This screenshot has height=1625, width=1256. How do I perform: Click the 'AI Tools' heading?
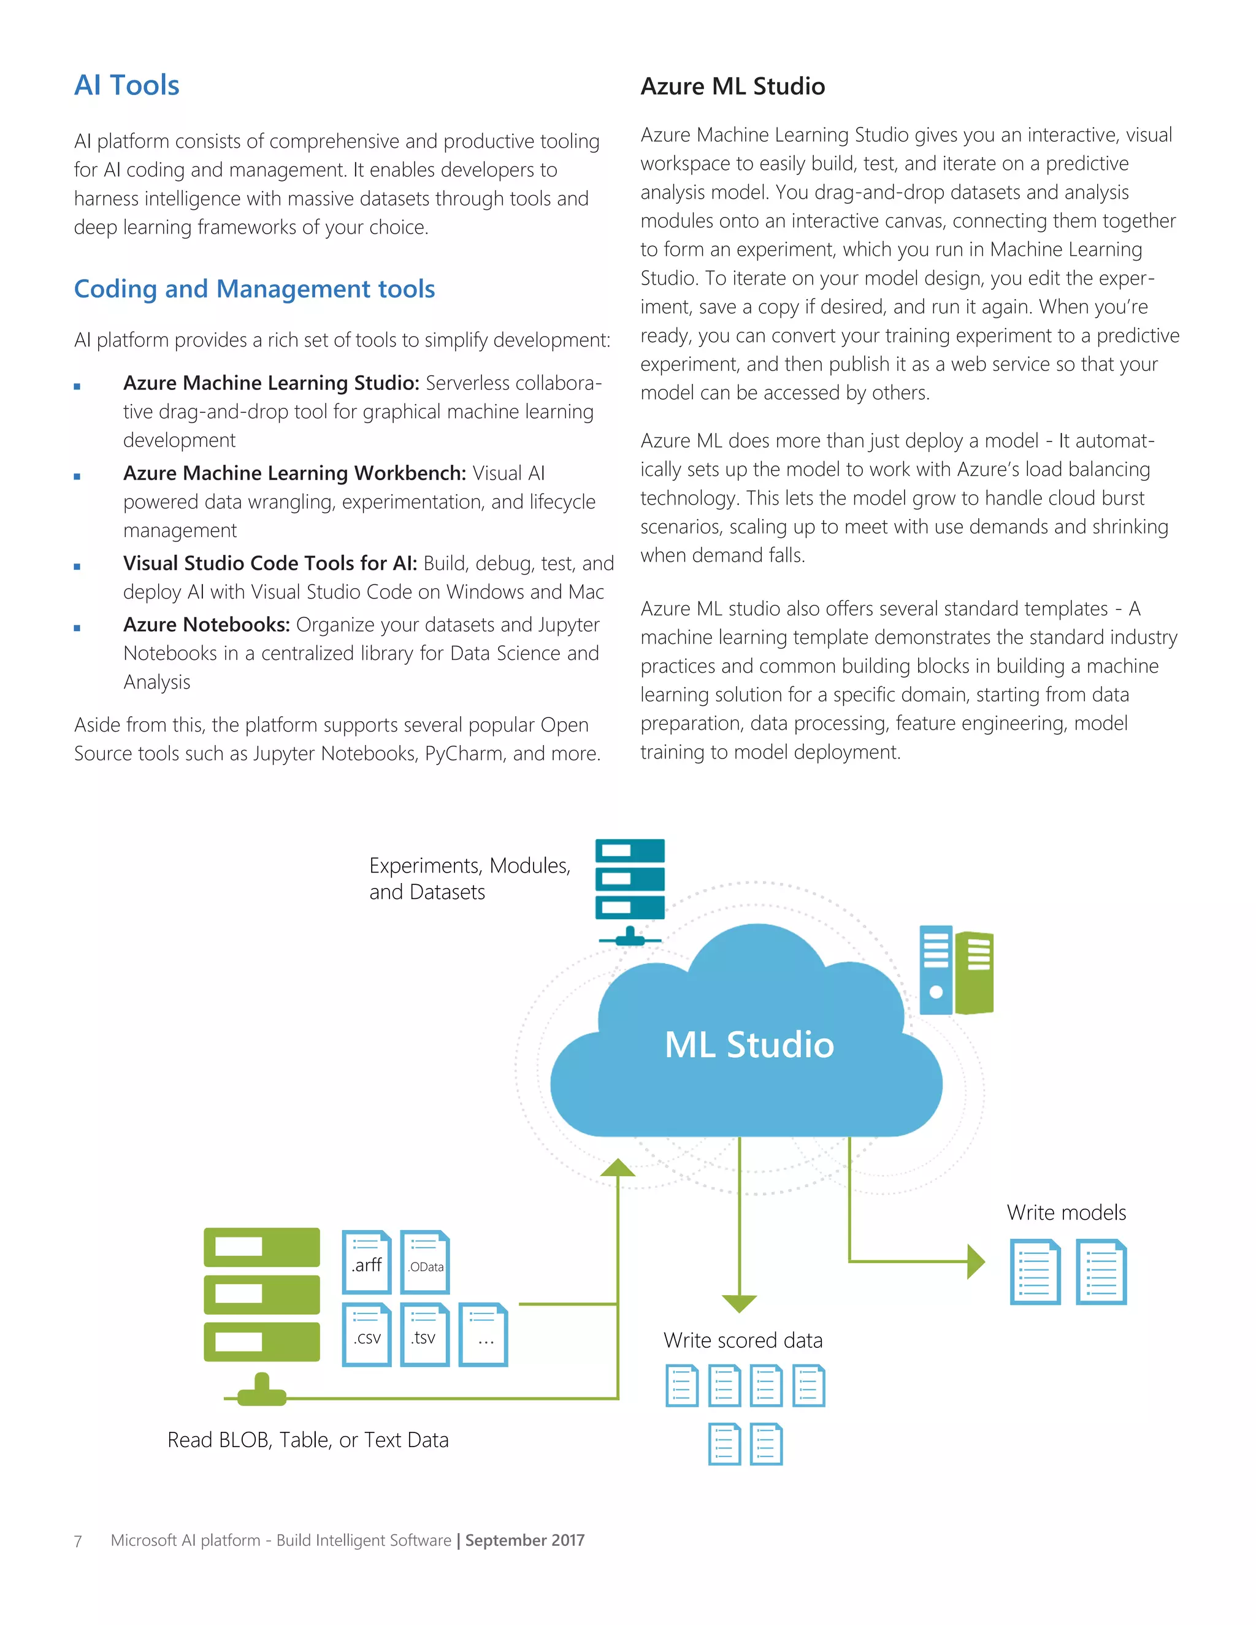(126, 86)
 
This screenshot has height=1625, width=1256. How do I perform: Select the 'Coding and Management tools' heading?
(255, 289)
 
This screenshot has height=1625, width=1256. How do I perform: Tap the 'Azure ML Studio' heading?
(732, 86)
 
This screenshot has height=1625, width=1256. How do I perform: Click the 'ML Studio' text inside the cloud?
(749, 1045)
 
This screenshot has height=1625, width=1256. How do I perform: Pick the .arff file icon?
(367, 1262)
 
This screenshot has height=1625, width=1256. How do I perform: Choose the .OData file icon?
(425, 1262)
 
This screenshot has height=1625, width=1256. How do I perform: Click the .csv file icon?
(367, 1335)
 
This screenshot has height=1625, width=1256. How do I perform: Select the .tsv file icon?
(425, 1335)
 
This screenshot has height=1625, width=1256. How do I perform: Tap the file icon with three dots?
(484, 1335)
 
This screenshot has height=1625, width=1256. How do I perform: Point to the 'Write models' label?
(1066, 1213)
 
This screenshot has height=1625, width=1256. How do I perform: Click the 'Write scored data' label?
(743, 1340)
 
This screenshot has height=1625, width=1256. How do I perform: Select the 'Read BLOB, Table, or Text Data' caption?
(308, 1440)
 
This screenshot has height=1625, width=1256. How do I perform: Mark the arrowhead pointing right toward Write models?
(976, 1262)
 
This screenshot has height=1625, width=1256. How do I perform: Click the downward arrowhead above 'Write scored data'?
(740, 1304)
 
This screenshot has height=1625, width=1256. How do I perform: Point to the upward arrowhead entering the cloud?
(618, 1168)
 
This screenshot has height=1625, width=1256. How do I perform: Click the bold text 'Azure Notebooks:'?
(207, 625)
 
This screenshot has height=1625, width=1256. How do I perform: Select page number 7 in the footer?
(78, 1541)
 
